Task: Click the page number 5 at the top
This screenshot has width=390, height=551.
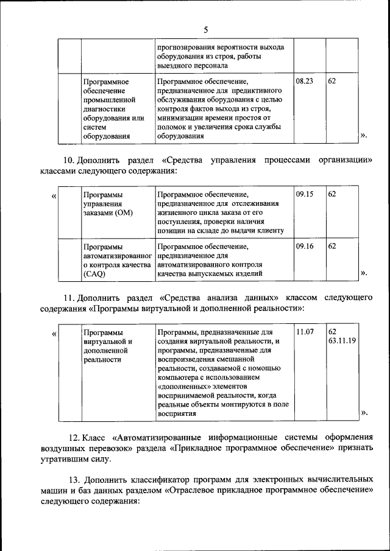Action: [x=205, y=29]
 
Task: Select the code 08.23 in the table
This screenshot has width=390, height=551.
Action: [x=304, y=80]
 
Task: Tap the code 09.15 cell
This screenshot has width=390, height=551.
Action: [x=304, y=193]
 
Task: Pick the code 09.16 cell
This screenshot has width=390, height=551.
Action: [x=304, y=247]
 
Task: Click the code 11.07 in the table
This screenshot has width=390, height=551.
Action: [x=304, y=332]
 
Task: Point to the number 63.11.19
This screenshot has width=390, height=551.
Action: [x=342, y=341]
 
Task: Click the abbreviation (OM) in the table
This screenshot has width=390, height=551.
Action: [x=119, y=212]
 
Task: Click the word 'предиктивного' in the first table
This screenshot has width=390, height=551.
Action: [x=263, y=90]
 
